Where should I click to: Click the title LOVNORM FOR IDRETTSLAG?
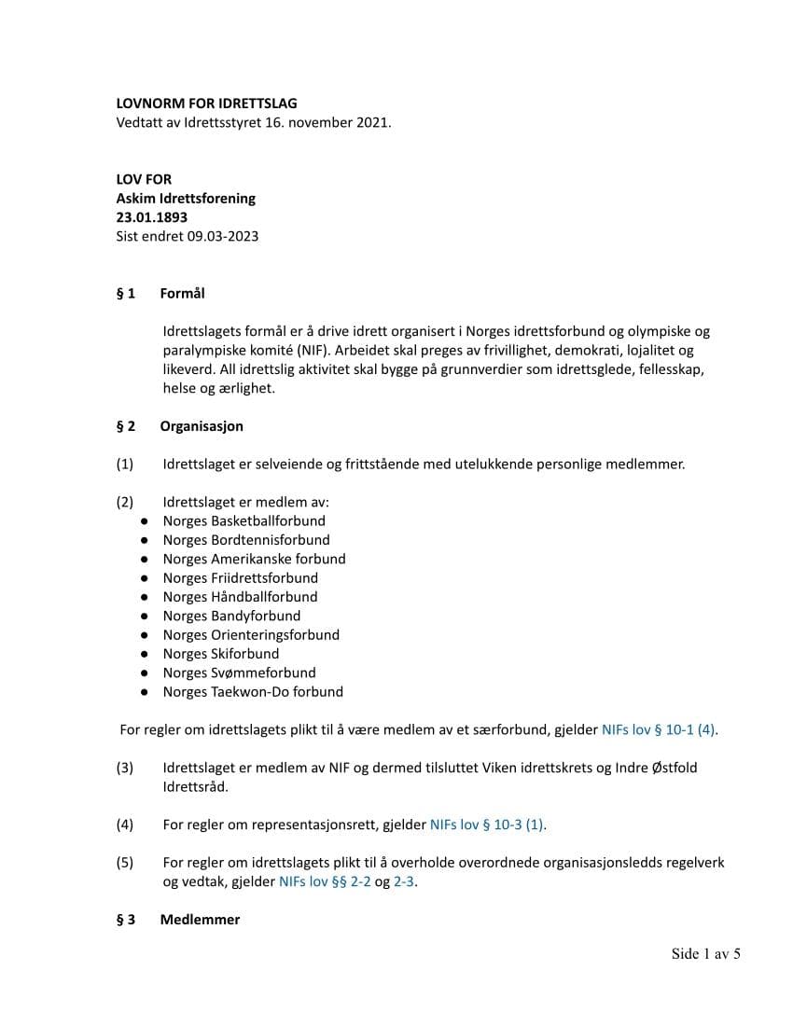[x=206, y=104]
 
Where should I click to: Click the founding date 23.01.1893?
[x=151, y=217]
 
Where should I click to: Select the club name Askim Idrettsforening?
[x=186, y=199]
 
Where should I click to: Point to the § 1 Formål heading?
[x=160, y=293]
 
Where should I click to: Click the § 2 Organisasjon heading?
[x=179, y=426]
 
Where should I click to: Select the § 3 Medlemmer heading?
[x=178, y=920]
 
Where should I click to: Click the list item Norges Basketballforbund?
[x=243, y=520]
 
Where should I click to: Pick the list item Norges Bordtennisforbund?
[x=245, y=539]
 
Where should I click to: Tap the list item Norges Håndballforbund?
[x=240, y=596]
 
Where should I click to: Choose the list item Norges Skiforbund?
[x=220, y=653]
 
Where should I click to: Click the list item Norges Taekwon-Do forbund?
[x=253, y=691]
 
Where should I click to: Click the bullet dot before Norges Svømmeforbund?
[x=145, y=672]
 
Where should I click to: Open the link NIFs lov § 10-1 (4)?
[x=660, y=729]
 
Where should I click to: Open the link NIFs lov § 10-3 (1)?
[x=488, y=825]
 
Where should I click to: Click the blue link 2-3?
[x=404, y=880]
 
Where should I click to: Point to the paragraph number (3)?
[x=125, y=768]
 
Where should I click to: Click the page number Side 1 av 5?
[x=705, y=953]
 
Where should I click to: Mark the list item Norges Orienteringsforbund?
[x=251, y=634]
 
